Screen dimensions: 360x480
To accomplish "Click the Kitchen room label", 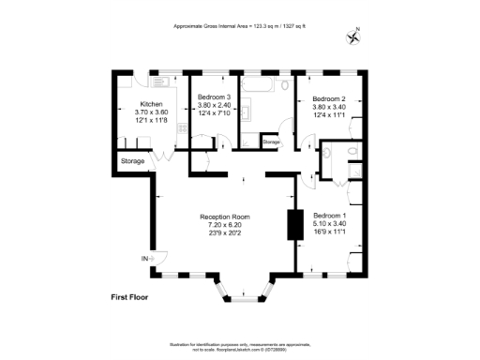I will (152, 104).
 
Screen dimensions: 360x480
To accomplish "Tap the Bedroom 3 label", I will (215, 97).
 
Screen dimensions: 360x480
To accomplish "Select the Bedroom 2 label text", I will (329, 99).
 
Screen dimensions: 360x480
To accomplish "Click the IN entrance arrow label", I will (145, 258).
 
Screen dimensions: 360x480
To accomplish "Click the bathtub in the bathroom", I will (265, 86).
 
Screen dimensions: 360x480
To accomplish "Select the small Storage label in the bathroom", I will (271, 142).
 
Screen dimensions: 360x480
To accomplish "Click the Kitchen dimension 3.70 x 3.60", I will (152, 112).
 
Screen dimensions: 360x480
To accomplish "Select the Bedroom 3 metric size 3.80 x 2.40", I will (215, 105).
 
